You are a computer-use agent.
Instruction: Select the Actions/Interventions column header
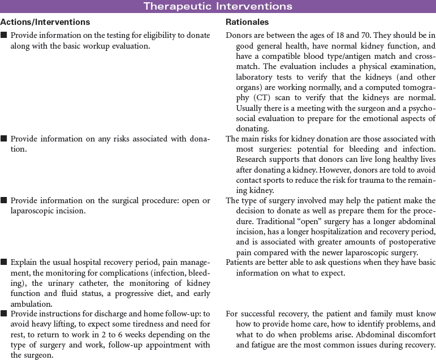coord(45,22)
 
